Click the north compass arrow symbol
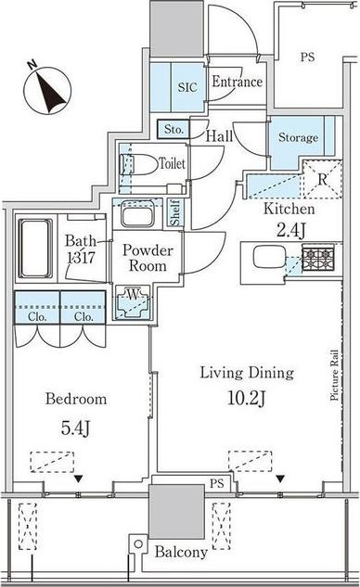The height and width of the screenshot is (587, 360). point(45,88)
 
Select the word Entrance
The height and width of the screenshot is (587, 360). point(237,82)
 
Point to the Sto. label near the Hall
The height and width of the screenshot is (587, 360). point(174,129)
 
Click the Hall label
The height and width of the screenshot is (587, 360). point(219,136)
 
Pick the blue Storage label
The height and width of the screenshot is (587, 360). point(297,137)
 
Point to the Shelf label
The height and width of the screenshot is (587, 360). point(175,214)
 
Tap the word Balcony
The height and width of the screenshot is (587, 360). point(180,553)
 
